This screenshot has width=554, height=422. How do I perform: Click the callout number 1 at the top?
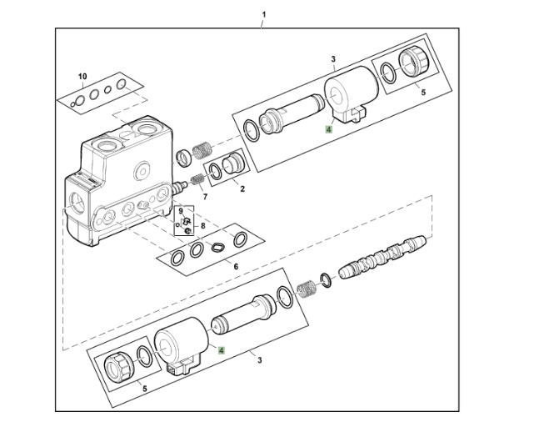[263, 14]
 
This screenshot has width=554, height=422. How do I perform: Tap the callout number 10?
[82, 77]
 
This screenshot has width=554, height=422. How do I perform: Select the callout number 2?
[242, 189]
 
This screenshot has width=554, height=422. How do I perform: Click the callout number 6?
[235, 267]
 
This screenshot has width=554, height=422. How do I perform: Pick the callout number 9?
[180, 211]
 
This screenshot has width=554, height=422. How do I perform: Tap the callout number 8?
[202, 225]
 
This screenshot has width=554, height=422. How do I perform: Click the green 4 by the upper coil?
[330, 129]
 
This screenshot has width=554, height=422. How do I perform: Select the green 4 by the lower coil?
[221, 350]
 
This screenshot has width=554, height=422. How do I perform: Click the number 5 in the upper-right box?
[422, 92]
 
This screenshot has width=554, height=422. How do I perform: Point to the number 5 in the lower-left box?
[145, 388]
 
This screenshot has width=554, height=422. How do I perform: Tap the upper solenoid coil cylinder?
[342, 96]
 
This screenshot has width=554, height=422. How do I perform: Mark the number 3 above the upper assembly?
[332, 60]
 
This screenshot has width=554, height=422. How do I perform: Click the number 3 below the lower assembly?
[260, 360]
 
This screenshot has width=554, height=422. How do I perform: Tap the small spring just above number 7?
[197, 179]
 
